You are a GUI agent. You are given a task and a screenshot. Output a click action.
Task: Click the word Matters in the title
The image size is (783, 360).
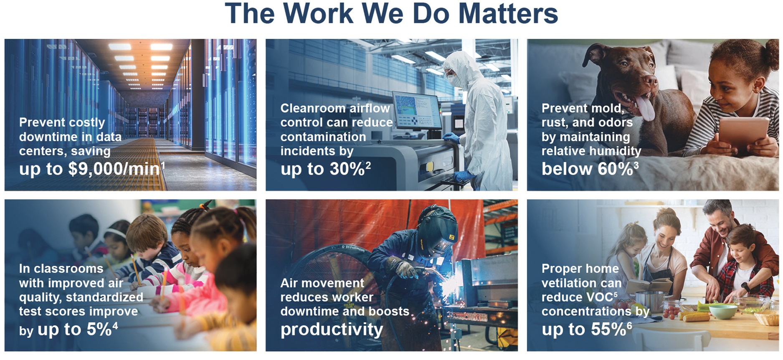tap(508, 13)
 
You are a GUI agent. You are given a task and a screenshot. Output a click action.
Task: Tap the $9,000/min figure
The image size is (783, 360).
tap(114, 169)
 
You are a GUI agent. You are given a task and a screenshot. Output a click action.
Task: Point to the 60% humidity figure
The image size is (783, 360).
tap(616, 169)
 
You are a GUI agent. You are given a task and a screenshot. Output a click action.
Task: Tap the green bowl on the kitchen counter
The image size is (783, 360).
tap(723, 312)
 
